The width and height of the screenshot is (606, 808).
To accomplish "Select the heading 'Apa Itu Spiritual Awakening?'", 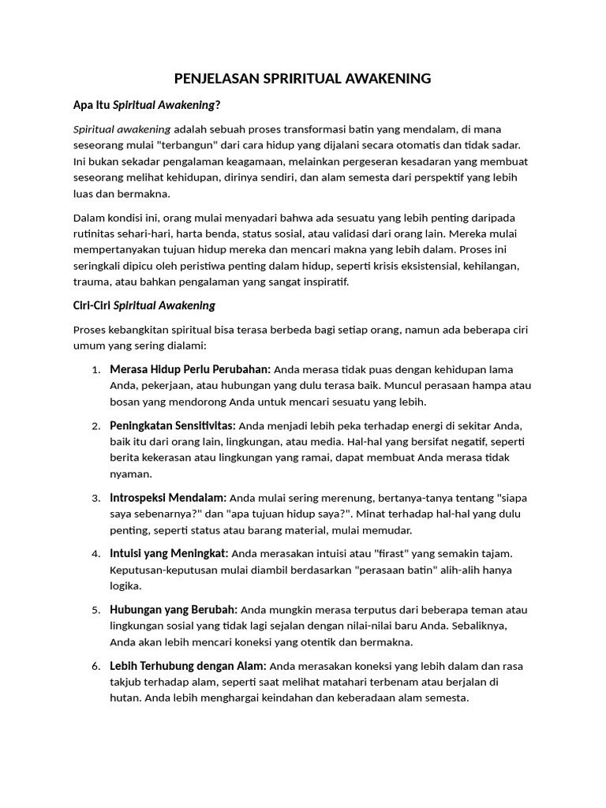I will coord(147,105).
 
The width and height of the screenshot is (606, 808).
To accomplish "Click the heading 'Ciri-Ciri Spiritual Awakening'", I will coord(144,305).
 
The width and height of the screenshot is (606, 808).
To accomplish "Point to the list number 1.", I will coord(96,369).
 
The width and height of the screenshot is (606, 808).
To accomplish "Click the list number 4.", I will coord(96,553).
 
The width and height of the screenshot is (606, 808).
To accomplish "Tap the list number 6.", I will coord(96,667).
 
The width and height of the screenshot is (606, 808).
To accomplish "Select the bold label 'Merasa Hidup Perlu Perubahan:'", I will coord(190,368).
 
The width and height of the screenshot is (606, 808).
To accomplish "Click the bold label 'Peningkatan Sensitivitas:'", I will coord(173,425).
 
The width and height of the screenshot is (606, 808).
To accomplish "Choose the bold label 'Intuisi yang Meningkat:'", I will coord(170,552).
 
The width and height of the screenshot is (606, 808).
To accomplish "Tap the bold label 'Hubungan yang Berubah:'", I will coord(174,609).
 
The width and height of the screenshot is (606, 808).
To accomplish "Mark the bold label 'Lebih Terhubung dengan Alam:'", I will coord(189,666).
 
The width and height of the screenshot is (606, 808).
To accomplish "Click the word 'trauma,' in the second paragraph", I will coord(92,281).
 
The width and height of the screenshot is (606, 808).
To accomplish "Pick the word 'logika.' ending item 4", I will coord(126,586).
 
